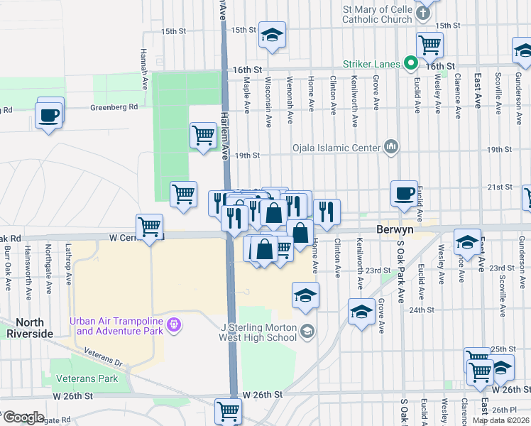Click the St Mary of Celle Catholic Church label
[376, 14]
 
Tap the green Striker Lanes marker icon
[410, 64]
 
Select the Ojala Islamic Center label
[336, 148]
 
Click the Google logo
[23, 417]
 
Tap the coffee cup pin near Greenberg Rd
[48, 114]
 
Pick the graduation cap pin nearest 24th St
[361, 311]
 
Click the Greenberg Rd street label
[114, 108]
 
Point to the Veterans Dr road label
[103, 356]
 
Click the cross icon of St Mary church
[423, 13]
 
